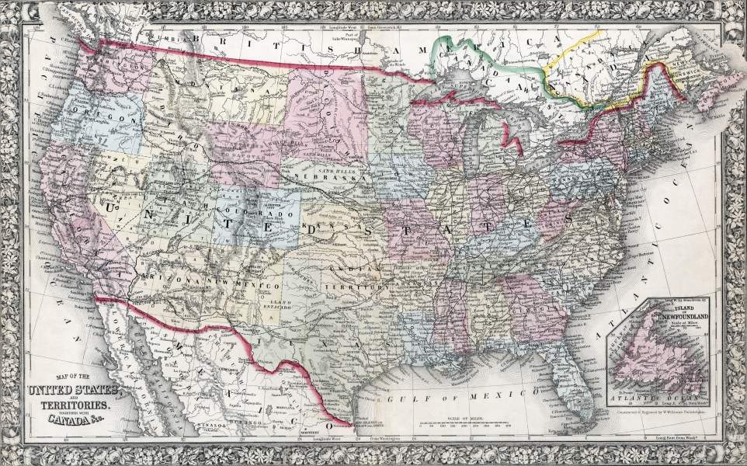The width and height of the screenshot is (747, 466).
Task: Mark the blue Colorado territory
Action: coord(256,211)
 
